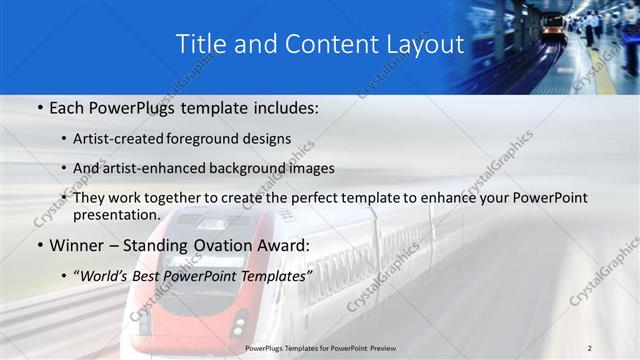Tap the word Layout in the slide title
427,45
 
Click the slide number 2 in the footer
589,347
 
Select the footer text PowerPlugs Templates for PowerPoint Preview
319,347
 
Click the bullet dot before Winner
39,244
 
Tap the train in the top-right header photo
551,26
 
